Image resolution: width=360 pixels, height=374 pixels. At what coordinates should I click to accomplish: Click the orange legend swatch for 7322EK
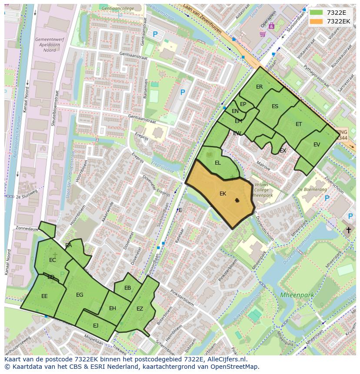tap(317, 21)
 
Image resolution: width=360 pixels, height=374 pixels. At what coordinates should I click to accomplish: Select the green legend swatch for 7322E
tap(317, 13)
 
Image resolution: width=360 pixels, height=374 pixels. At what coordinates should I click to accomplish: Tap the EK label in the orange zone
tap(223, 194)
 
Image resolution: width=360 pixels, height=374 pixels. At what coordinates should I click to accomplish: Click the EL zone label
tap(218, 163)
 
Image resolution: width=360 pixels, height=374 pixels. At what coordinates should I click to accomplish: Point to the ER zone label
tap(260, 87)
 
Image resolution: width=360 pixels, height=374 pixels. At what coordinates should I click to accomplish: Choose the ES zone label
tap(275, 106)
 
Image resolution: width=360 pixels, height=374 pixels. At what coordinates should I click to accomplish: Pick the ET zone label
tap(299, 124)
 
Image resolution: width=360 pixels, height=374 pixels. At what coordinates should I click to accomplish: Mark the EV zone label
tap(317, 145)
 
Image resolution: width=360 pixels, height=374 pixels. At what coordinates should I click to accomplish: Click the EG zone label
tap(80, 295)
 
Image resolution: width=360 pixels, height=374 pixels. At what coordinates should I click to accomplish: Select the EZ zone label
tap(140, 309)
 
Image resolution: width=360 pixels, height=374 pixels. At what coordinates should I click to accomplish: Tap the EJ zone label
tap(96, 325)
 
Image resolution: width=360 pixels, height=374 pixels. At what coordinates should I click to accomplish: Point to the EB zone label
tap(127, 288)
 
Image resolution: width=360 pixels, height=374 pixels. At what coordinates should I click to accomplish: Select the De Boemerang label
tap(312, 189)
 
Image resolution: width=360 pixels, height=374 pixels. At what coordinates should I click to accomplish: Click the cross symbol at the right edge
tap(348, 230)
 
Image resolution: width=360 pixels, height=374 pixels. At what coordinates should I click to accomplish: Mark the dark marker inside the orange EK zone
tap(237, 200)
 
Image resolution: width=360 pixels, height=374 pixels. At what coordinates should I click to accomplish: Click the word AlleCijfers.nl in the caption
tap(225, 360)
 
